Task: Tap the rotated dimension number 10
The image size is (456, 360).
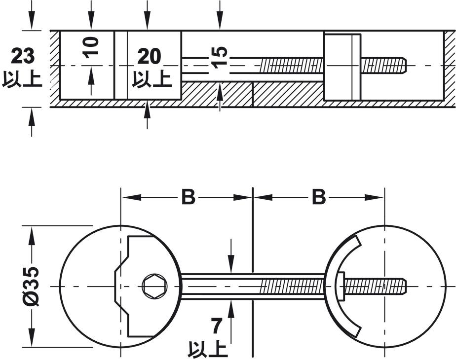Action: [x=91, y=46]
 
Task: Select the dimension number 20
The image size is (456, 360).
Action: [x=149, y=57]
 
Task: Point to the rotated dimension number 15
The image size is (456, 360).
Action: [x=220, y=56]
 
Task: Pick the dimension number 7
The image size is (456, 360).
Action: [x=216, y=326]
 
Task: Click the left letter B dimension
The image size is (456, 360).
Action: [x=188, y=197]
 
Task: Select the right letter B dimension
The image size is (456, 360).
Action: [x=318, y=197]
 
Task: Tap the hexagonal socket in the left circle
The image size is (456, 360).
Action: [x=154, y=287]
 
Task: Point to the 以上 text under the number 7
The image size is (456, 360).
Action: [x=208, y=349]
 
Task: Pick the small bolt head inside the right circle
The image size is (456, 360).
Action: [x=341, y=287]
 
